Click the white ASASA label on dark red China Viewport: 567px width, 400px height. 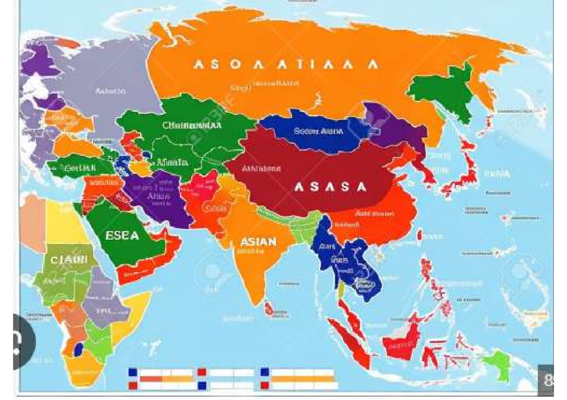point(330,187)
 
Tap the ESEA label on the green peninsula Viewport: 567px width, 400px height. point(122,234)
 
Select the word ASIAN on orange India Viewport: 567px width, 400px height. point(258,242)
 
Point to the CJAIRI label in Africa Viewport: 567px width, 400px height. point(69,259)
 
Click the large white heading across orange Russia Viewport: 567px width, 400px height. point(286,65)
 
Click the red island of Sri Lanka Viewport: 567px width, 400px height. point(269,309)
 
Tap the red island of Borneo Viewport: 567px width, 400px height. point(402,342)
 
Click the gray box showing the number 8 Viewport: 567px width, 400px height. point(547,380)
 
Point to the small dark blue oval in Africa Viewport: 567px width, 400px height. point(79,350)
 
